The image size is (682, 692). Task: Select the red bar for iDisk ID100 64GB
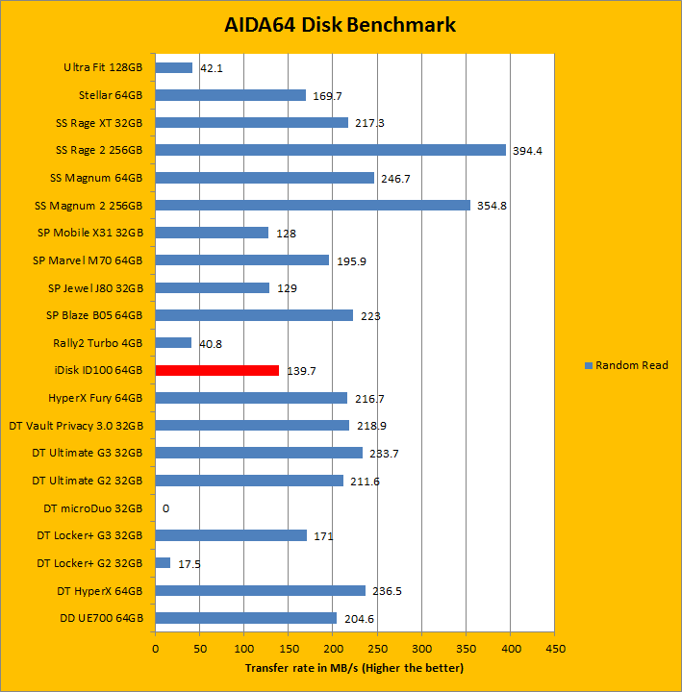coord(216,370)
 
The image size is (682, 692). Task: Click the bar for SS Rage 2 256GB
coord(330,150)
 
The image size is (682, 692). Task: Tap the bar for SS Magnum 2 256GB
coord(313,205)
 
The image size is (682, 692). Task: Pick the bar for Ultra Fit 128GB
coord(174,67)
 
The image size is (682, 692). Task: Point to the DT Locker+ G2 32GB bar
coord(163,562)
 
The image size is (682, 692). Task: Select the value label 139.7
coord(302,371)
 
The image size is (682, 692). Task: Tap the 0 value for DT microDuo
coord(166,508)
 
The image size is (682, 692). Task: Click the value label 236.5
coord(389,591)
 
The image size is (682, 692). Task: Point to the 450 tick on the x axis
coord(554,649)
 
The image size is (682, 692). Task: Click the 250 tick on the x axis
coord(377,649)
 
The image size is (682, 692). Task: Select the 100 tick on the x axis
coord(244,649)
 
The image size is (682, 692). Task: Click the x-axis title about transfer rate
coord(354,667)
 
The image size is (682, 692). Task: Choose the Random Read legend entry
coord(626,365)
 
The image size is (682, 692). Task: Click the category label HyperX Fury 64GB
coord(95,397)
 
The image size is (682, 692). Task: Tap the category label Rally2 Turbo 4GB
coord(98,342)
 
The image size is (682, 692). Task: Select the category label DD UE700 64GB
coord(99,617)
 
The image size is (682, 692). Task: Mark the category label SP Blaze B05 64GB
coord(94,314)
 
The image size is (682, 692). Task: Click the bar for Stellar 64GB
coord(230,95)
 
